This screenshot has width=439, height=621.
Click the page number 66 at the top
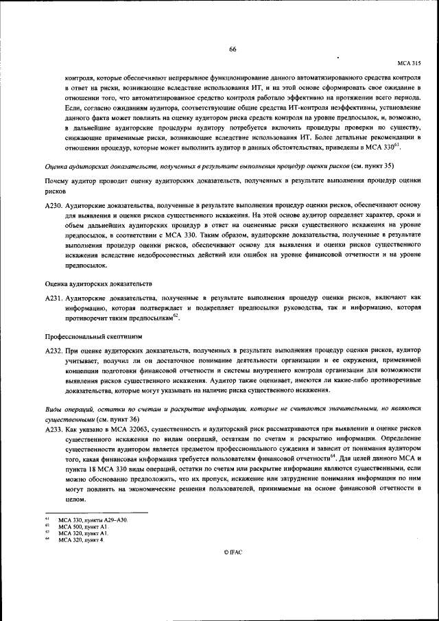(x=233, y=49)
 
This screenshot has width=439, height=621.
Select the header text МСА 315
(x=409, y=62)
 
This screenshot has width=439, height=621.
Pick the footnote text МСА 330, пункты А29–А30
(x=93, y=521)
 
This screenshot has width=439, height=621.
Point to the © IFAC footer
(x=233, y=570)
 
